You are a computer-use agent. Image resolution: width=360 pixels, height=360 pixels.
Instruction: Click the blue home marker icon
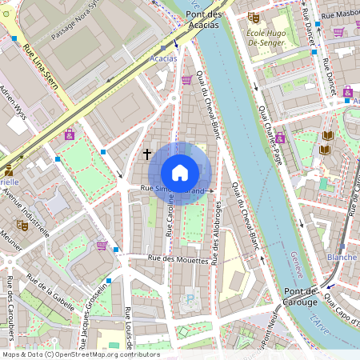pos(180,173)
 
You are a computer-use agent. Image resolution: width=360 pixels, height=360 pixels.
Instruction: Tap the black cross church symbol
pos(147,152)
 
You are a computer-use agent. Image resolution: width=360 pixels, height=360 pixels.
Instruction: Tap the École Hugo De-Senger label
pos(286,31)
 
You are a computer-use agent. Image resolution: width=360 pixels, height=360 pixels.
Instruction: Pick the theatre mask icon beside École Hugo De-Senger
pos(254,17)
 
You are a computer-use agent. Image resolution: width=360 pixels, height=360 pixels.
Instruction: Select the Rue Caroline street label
pos(170,216)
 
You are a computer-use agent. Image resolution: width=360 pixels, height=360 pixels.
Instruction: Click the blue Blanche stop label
pos(342,258)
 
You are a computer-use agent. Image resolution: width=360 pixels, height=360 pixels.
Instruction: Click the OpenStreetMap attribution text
pos(80,354)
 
